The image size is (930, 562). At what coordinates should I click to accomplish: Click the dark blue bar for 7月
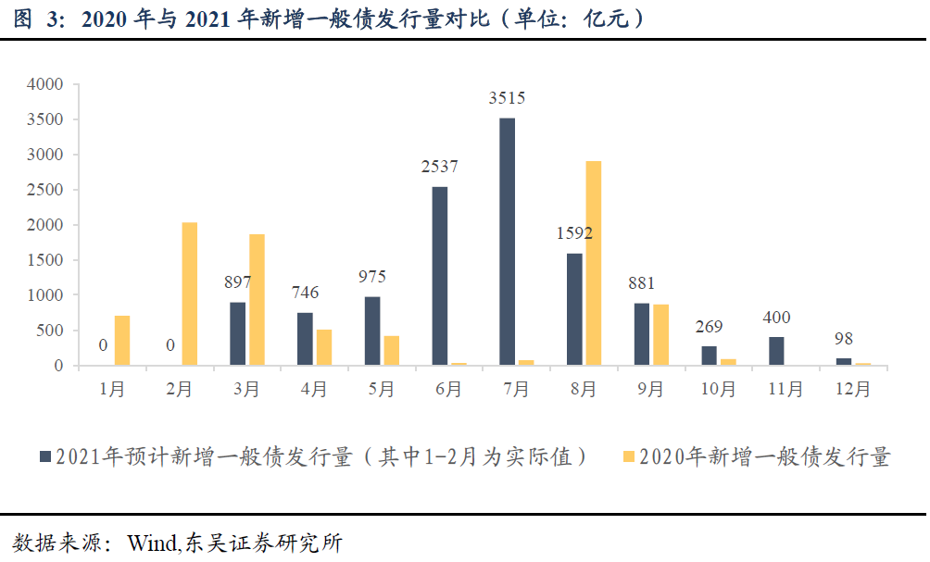(x=507, y=242)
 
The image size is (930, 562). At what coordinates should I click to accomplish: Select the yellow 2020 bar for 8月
(x=594, y=263)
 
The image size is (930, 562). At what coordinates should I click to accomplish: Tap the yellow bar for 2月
(x=190, y=293)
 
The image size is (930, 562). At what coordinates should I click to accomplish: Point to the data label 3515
(x=507, y=98)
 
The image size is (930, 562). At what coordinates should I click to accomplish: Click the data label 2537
(x=439, y=168)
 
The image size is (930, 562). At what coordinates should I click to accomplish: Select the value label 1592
(x=573, y=234)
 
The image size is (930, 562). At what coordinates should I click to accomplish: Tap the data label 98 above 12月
(x=843, y=339)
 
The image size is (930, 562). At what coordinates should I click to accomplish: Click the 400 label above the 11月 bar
(x=775, y=318)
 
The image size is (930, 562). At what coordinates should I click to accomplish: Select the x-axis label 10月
(x=717, y=390)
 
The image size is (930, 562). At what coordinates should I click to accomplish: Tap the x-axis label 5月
(x=381, y=390)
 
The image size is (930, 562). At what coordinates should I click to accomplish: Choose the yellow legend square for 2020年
(x=629, y=456)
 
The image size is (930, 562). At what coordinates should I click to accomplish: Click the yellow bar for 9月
(x=661, y=334)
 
